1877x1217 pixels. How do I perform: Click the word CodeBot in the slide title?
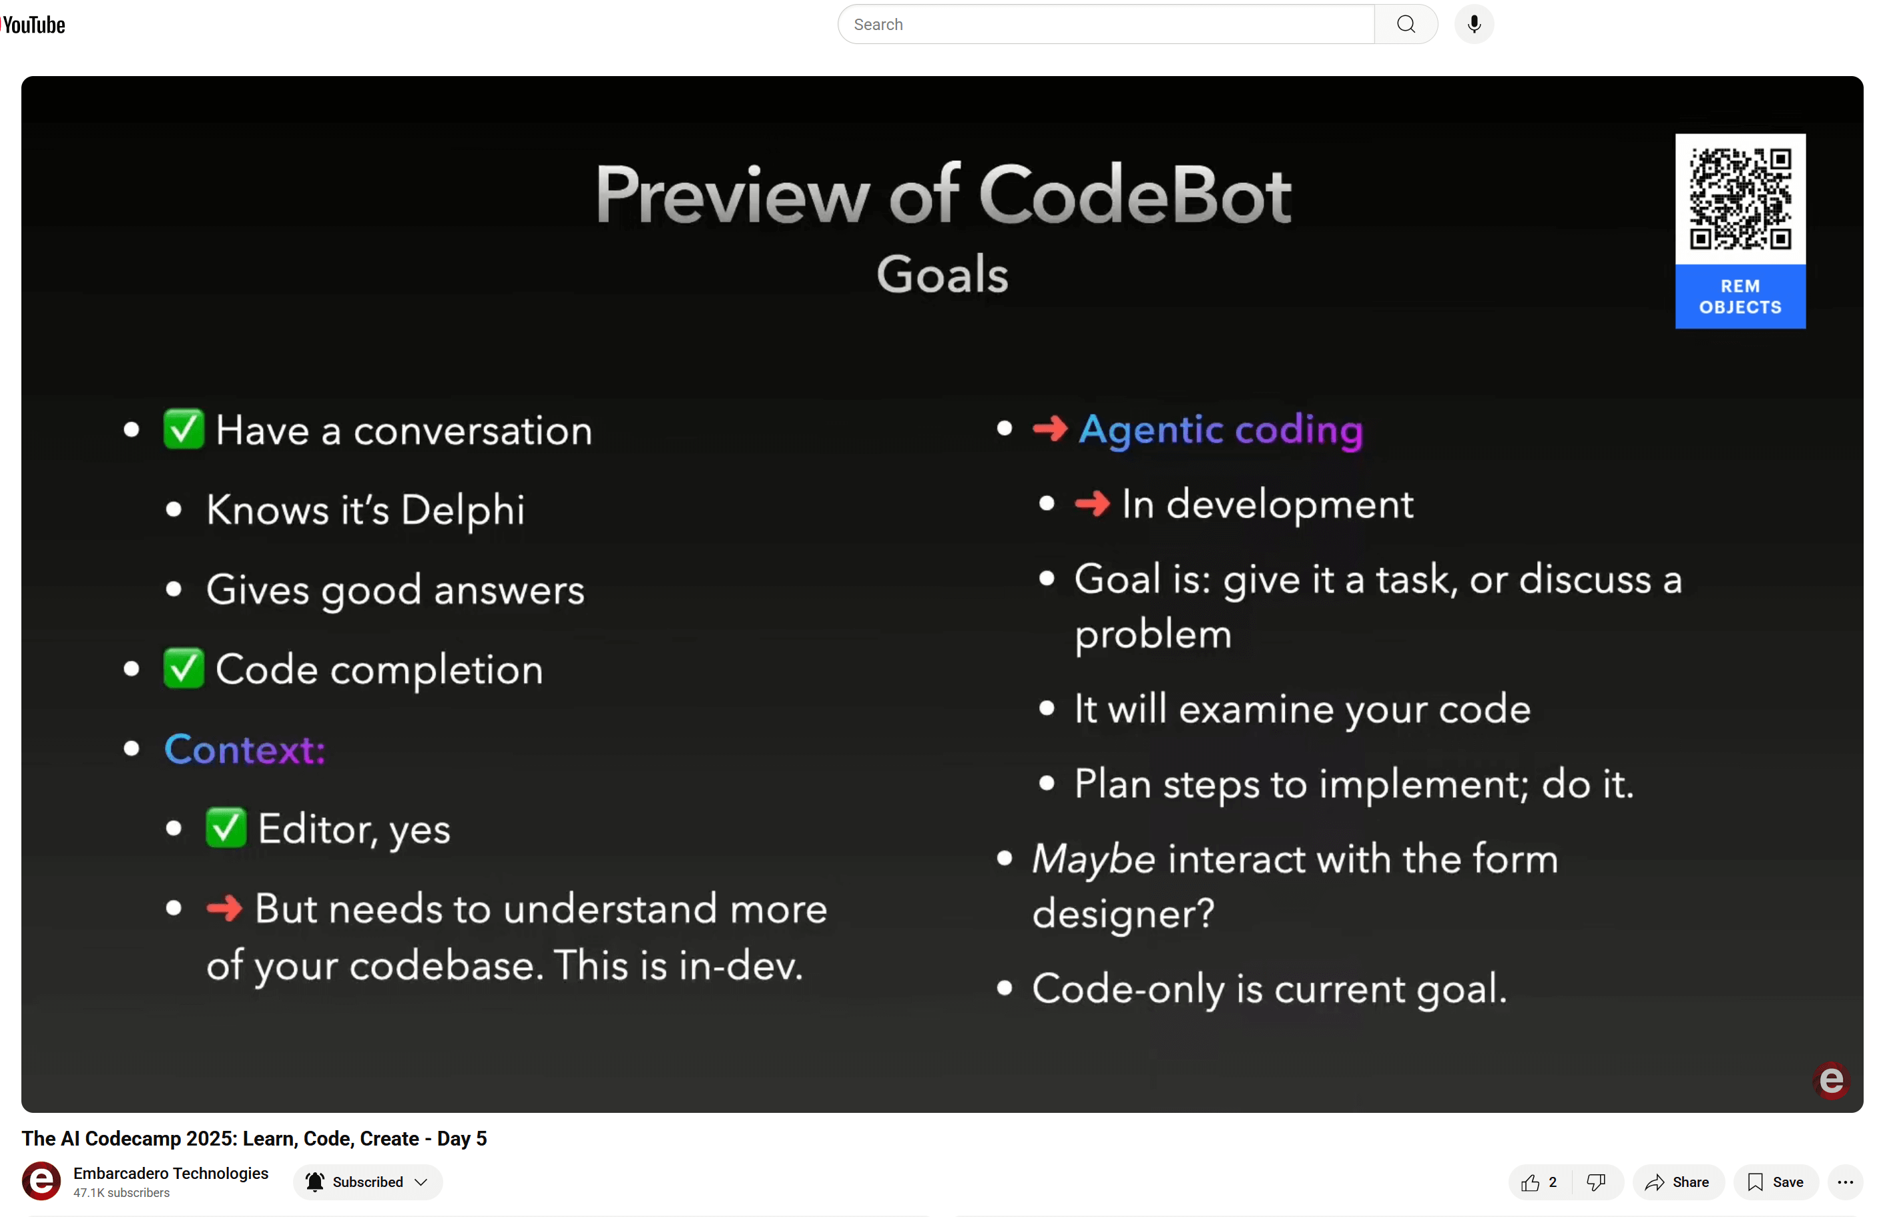(1135, 195)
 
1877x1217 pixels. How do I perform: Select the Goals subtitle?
(943, 274)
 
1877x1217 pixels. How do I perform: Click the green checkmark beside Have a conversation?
(184, 429)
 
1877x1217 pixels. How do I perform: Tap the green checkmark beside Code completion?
(184, 668)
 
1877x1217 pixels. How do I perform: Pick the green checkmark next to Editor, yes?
(226, 827)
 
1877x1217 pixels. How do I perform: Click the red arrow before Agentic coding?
(1050, 429)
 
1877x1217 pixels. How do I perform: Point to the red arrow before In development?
(1092, 503)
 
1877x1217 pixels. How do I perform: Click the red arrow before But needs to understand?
(224, 908)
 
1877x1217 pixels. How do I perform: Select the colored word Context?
(244, 749)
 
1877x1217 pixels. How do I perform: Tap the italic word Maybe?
(1094, 860)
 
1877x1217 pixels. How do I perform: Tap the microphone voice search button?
(1474, 25)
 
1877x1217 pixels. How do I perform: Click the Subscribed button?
(368, 1182)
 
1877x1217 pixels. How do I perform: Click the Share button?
(1677, 1182)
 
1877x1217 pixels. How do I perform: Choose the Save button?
(1776, 1182)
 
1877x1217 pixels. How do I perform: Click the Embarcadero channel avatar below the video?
(41, 1181)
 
